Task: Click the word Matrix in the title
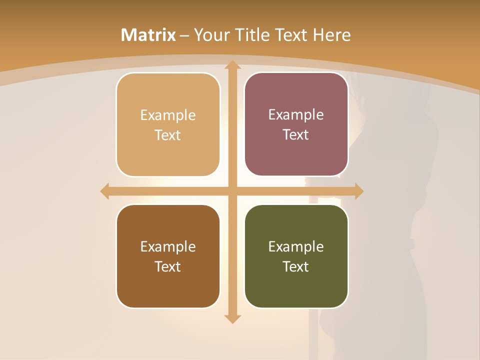pyautogui.click(x=148, y=35)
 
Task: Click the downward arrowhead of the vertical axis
pyautogui.click(x=232, y=318)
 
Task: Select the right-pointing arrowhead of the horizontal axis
pyautogui.click(x=358, y=191)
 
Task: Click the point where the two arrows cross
pyautogui.click(x=232, y=191)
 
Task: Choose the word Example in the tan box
pyautogui.click(x=168, y=115)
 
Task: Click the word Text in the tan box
pyautogui.click(x=168, y=135)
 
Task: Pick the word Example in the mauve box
pyautogui.click(x=296, y=114)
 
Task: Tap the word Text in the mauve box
pyautogui.click(x=296, y=134)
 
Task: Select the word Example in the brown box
pyautogui.click(x=168, y=246)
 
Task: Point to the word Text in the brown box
pyautogui.click(x=168, y=266)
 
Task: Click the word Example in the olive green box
pyautogui.click(x=296, y=246)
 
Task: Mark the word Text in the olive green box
pyautogui.click(x=296, y=266)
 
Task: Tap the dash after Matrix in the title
pyautogui.click(x=184, y=35)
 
